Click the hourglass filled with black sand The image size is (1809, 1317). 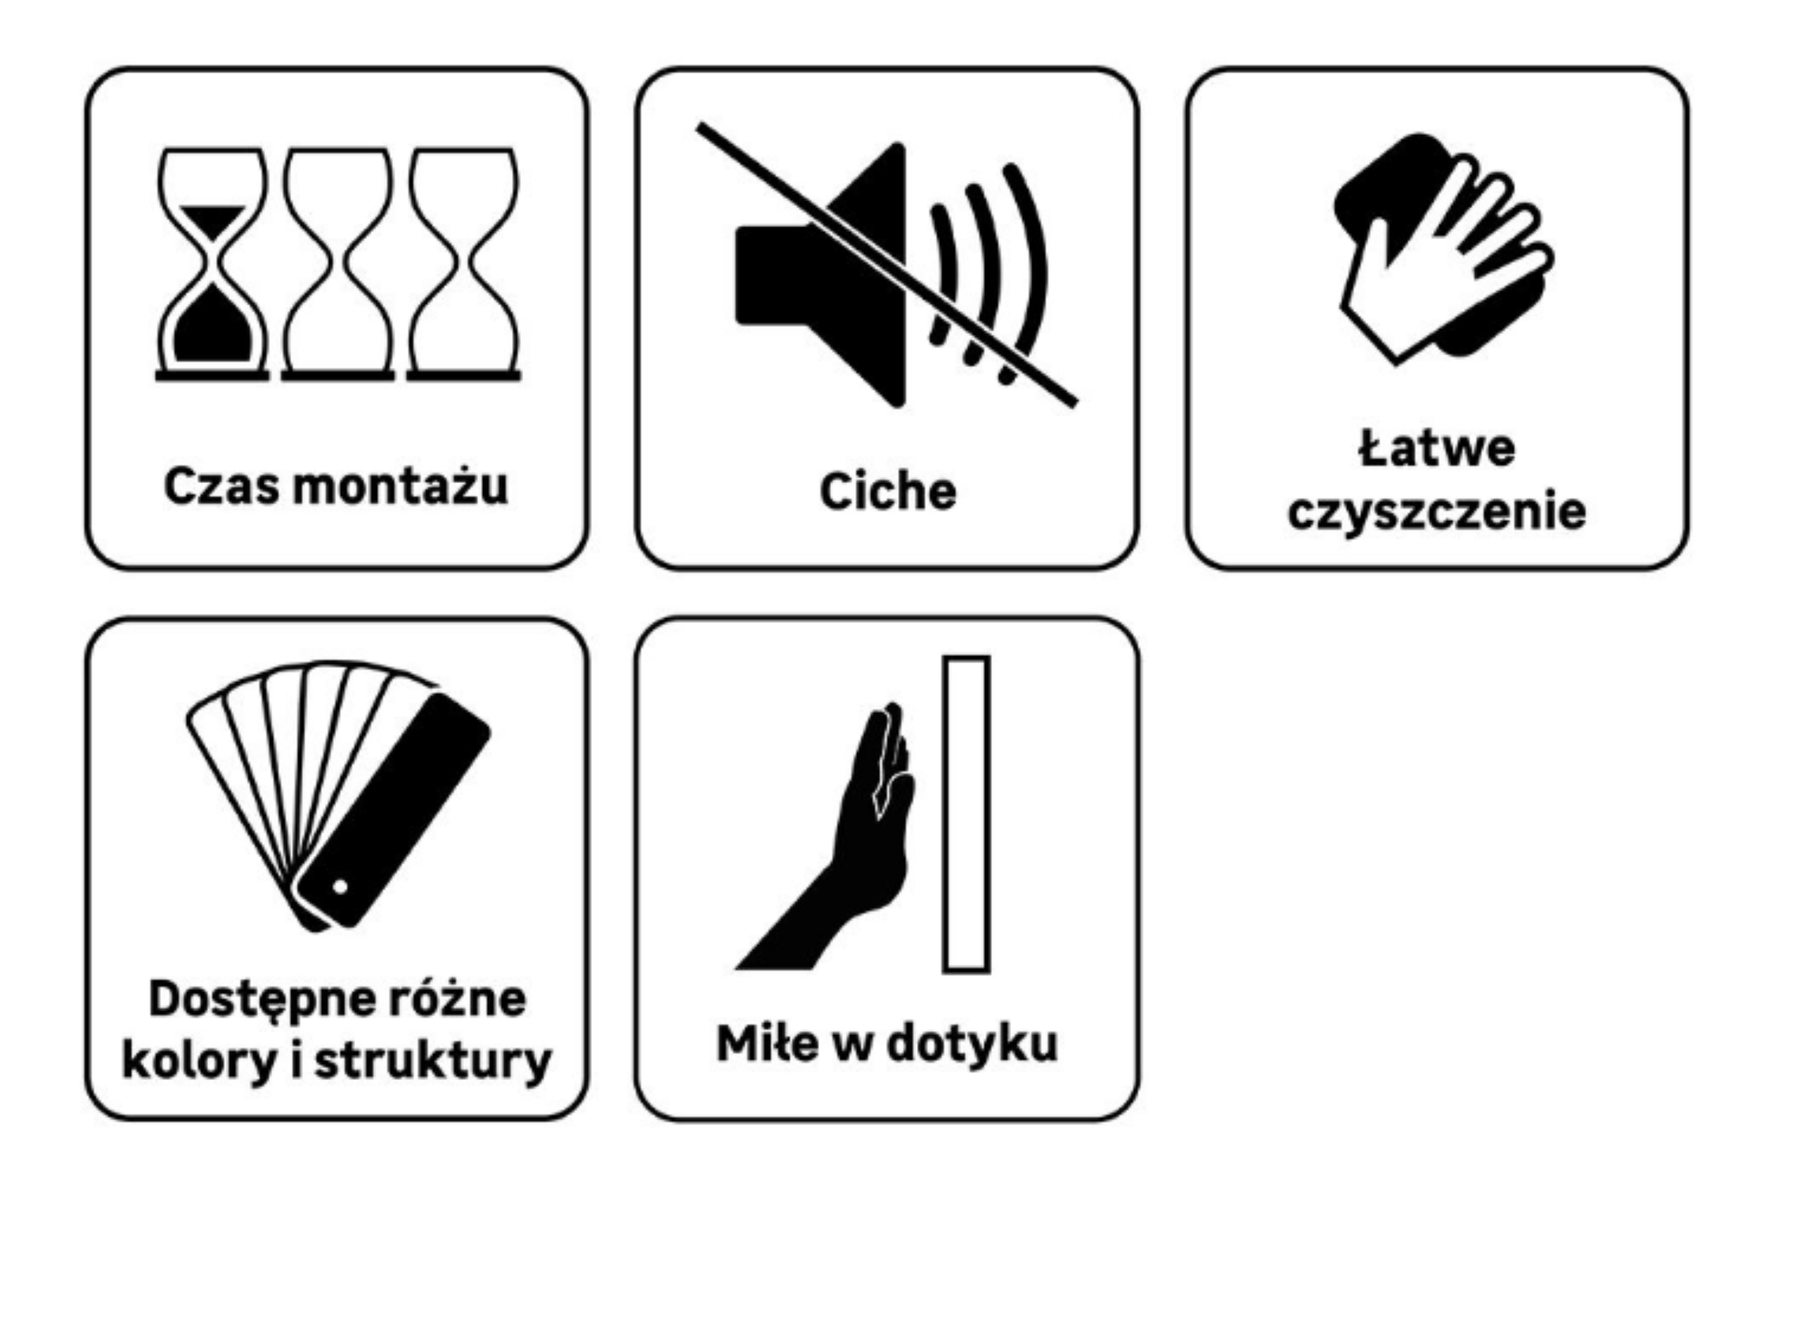(212, 263)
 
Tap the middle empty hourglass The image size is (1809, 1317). (338, 263)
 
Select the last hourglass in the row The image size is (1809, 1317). (463, 263)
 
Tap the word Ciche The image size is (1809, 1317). (888, 490)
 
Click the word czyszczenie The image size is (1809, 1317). (1437, 512)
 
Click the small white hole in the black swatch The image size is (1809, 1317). (340, 886)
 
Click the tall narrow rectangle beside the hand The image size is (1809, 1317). (966, 814)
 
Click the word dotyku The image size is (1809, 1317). (972, 1044)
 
